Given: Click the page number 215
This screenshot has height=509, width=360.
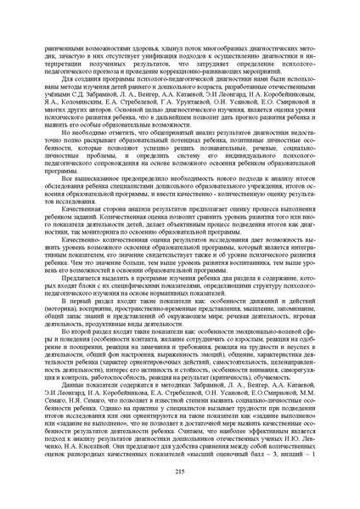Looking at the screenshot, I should [180, 472].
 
